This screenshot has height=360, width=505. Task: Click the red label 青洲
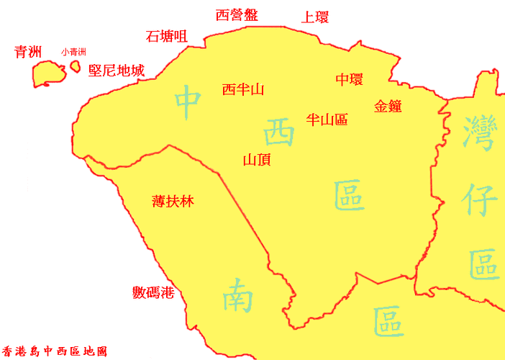pyautogui.click(x=28, y=52)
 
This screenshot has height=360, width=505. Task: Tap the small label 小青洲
pyautogui.click(x=73, y=52)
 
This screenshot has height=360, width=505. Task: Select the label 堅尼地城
pyautogui.click(x=116, y=70)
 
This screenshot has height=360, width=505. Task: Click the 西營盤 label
pyautogui.click(x=237, y=15)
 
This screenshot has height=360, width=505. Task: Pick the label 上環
pyautogui.click(x=314, y=17)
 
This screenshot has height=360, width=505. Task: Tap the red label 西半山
pyautogui.click(x=243, y=89)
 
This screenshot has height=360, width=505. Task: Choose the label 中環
pyautogui.click(x=349, y=79)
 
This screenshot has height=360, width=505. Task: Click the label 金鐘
pyautogui.click(x=388, y=106)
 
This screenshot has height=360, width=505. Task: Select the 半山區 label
pyautogui.click(x=327, y=120)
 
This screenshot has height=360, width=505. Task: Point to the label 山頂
pyautogui.click(x=257, y=160)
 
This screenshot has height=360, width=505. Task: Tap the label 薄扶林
pyautogui.click(x=173, y=202)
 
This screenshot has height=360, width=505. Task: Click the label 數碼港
pyautogui.click(x=153, y=292)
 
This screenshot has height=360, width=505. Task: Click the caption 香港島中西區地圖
pyautogui.click(x=55, y=352)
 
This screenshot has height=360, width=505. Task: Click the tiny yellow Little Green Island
pyautogui.click(x=75, y=66)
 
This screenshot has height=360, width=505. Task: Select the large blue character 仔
pyautogui.click(x=480, y=202)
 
